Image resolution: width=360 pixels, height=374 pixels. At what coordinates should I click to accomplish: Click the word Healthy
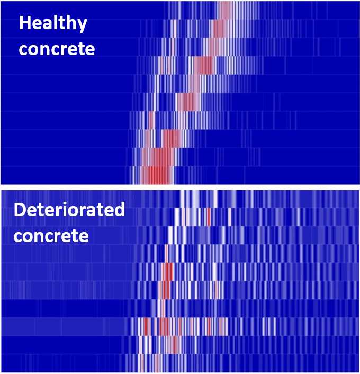coord(53,24)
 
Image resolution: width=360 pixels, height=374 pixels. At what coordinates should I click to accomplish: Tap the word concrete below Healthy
coord(57,49)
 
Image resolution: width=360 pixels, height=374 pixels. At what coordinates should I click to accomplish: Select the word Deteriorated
coord(69,211)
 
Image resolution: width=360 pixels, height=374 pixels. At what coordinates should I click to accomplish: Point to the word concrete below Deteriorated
coord(51,235)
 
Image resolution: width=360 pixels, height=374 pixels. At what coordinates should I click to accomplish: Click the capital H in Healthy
coord(24,24)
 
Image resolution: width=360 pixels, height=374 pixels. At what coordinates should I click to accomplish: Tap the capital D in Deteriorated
coord(20,211)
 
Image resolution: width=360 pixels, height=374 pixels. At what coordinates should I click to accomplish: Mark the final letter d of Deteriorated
coord(120,211)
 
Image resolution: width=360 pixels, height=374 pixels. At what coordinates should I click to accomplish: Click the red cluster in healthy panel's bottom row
coord(157,175)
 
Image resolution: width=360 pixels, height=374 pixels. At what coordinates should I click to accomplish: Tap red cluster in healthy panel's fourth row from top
coord(203,65)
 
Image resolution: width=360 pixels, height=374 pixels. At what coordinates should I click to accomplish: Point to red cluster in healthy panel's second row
coord(218,28)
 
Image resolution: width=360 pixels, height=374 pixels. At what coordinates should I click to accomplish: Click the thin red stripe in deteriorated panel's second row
coord(209,217)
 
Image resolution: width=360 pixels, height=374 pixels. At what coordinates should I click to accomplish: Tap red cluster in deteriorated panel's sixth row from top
coord(164,289)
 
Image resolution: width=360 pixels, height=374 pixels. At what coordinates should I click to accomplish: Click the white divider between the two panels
coord(180,186)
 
